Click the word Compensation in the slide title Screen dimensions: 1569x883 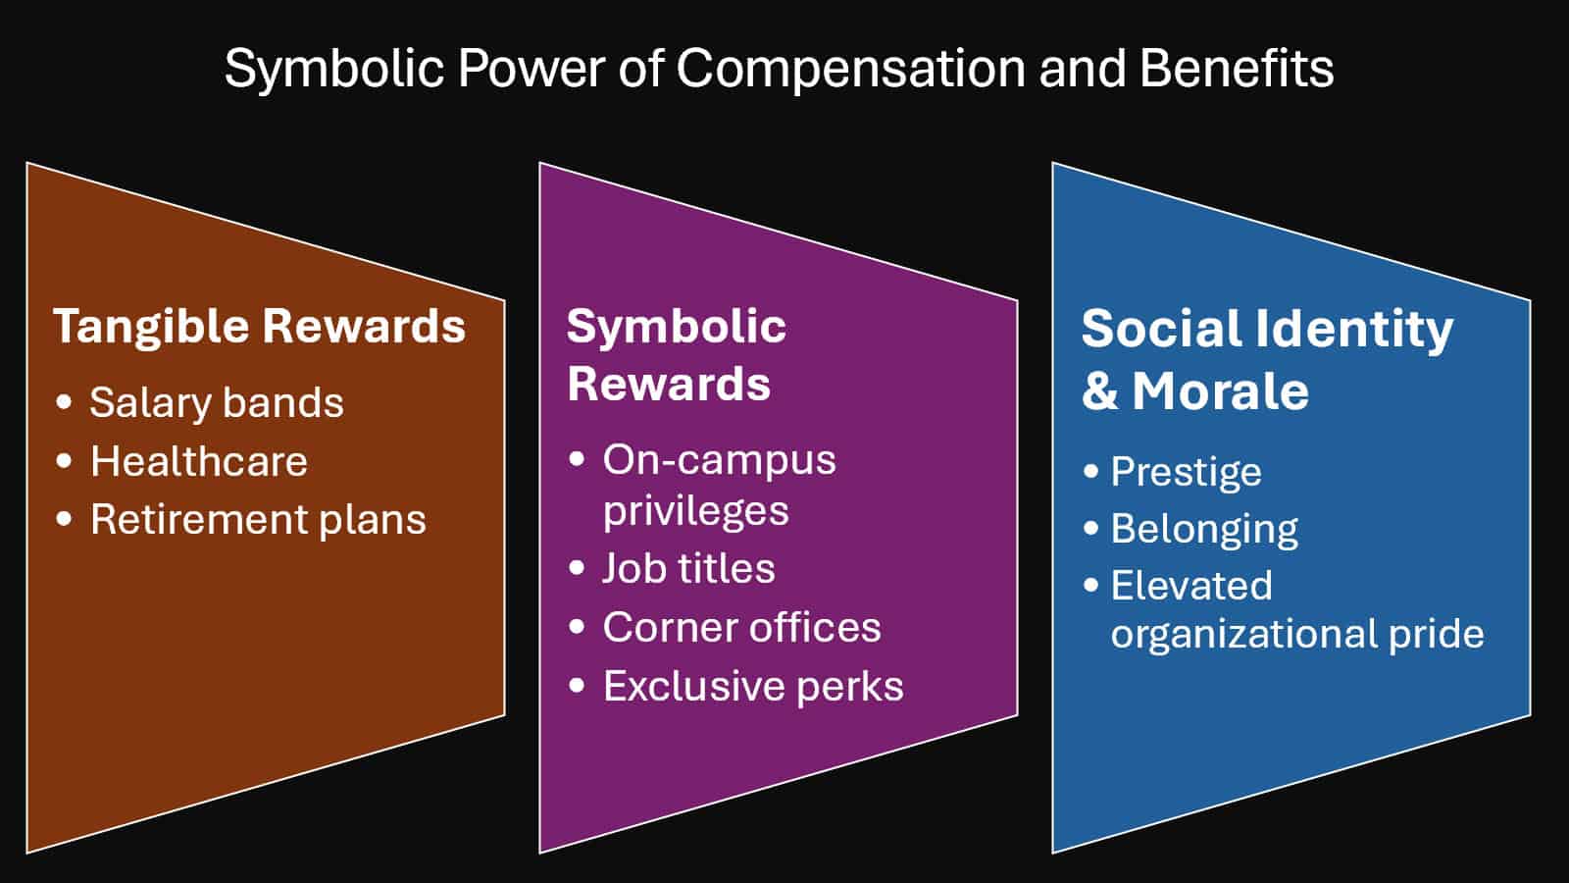click(851, 70)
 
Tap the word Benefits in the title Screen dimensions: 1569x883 click(1237, 68)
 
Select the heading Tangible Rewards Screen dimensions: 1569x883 click(259, 327)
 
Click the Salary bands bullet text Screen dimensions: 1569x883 click(217, 402)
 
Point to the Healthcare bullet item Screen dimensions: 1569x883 click(199, 461)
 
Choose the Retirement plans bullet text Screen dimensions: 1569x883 click(259, 520)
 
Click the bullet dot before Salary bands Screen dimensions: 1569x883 click(64, 402)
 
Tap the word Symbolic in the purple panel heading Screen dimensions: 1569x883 click(677, 328)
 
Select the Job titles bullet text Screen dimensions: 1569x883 click(689, 568)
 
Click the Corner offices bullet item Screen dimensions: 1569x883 click(742, 627)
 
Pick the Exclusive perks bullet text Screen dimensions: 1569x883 click(754, 686)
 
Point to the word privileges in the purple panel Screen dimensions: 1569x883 click(696, 511)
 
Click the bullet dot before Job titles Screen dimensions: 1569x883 click(578, 568)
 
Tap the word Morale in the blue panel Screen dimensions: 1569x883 click(1221, 391)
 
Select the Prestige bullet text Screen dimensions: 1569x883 click(1187, 472)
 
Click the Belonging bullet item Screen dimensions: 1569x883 click(1205, 529)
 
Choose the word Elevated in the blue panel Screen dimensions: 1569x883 click(1191, 585)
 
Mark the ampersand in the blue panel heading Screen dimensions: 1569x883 click(1100, 391)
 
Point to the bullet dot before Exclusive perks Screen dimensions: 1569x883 click(578, 686)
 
